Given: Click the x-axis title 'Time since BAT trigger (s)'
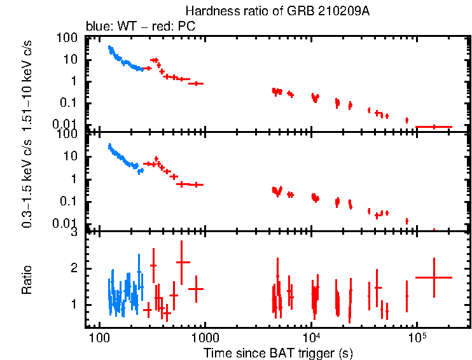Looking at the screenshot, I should [279, 352].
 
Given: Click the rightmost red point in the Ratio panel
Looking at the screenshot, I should [434, 277].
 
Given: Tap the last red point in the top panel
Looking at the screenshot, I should [434, 127].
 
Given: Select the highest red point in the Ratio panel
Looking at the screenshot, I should [183, 262].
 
